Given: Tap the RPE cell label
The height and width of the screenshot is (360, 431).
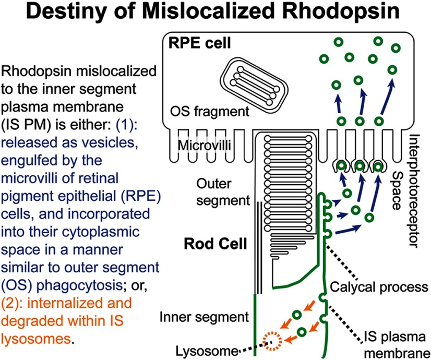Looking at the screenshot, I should point(191,42).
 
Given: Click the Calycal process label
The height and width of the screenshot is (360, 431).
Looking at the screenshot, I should point(379,287).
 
